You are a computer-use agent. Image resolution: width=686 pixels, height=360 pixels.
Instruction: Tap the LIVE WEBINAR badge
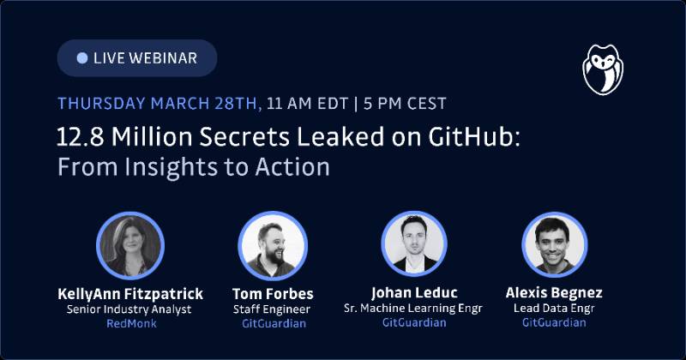pyautogui.click(x=137, y=58)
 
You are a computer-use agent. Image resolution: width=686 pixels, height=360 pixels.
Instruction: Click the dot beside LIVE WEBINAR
pyautogui.click(x=82, y=58)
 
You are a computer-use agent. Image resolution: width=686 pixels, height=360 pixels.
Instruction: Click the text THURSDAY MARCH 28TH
pyautogui.click(x=159, y=105)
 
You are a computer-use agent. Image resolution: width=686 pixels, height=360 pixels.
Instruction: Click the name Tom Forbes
pyautogui.click(x=273, y=294)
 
